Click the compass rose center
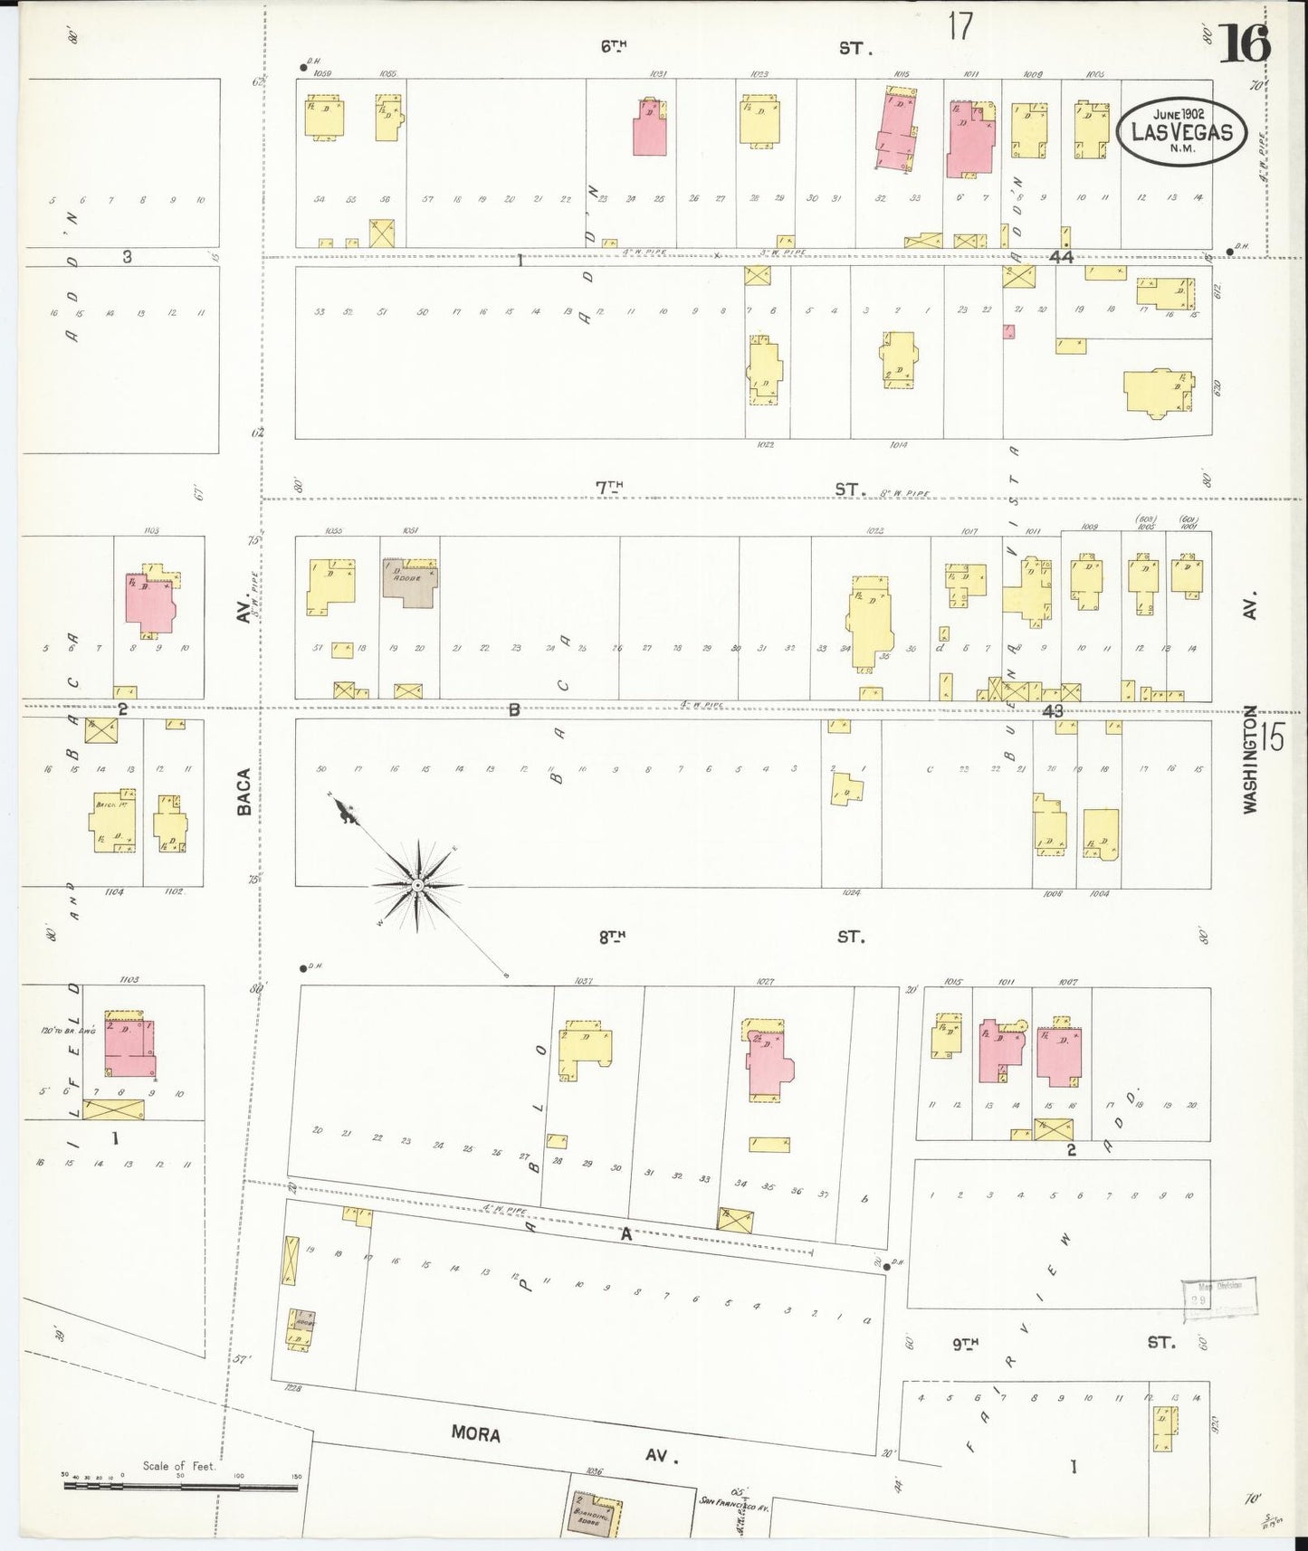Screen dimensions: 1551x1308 tap(418, 884)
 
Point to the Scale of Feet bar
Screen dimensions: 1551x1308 tap(181, 1486)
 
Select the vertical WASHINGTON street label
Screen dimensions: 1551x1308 tap(1251, 760)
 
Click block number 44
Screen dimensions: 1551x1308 tap(1061, 258)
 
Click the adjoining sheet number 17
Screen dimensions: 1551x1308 tap(960, 27)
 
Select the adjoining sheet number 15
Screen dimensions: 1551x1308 tap(1271, 737)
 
